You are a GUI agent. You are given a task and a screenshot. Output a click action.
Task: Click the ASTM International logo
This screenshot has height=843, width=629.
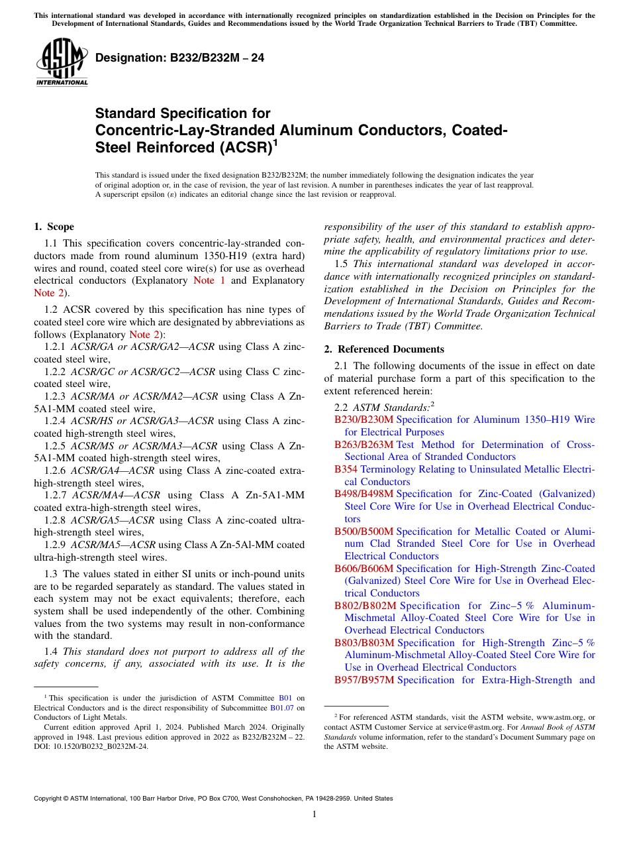tap(62, 62)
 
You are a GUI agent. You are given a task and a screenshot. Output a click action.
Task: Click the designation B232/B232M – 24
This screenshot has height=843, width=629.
tap(179, 58)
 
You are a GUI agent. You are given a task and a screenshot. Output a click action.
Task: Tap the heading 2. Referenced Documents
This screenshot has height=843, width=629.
tap(384, 349)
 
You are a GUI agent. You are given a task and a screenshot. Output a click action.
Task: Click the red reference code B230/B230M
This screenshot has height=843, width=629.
tap(363, 420)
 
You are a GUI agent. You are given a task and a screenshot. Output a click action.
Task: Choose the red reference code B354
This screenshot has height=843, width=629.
tap(346, 469)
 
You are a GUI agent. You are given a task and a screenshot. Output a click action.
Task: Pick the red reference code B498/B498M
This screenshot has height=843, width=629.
tap(363, 494)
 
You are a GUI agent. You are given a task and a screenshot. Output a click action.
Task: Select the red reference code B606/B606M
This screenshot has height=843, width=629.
tap(363, 568)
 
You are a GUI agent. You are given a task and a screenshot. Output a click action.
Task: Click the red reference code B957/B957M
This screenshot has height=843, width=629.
tap(363, 679)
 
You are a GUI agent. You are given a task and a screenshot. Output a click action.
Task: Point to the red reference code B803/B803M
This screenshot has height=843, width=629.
tap(363, 642)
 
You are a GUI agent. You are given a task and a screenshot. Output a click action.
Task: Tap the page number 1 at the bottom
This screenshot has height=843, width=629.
tap(314, 814)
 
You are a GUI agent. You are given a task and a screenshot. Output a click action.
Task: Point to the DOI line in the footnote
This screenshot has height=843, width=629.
tap(91, 746)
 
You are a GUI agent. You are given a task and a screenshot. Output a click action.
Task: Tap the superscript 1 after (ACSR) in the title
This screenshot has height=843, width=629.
tap(275, 142)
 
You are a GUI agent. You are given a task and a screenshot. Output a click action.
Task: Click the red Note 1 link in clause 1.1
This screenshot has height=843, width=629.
tap(209, 280)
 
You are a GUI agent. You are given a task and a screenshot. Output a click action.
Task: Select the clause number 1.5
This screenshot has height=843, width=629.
tap(341, 264)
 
